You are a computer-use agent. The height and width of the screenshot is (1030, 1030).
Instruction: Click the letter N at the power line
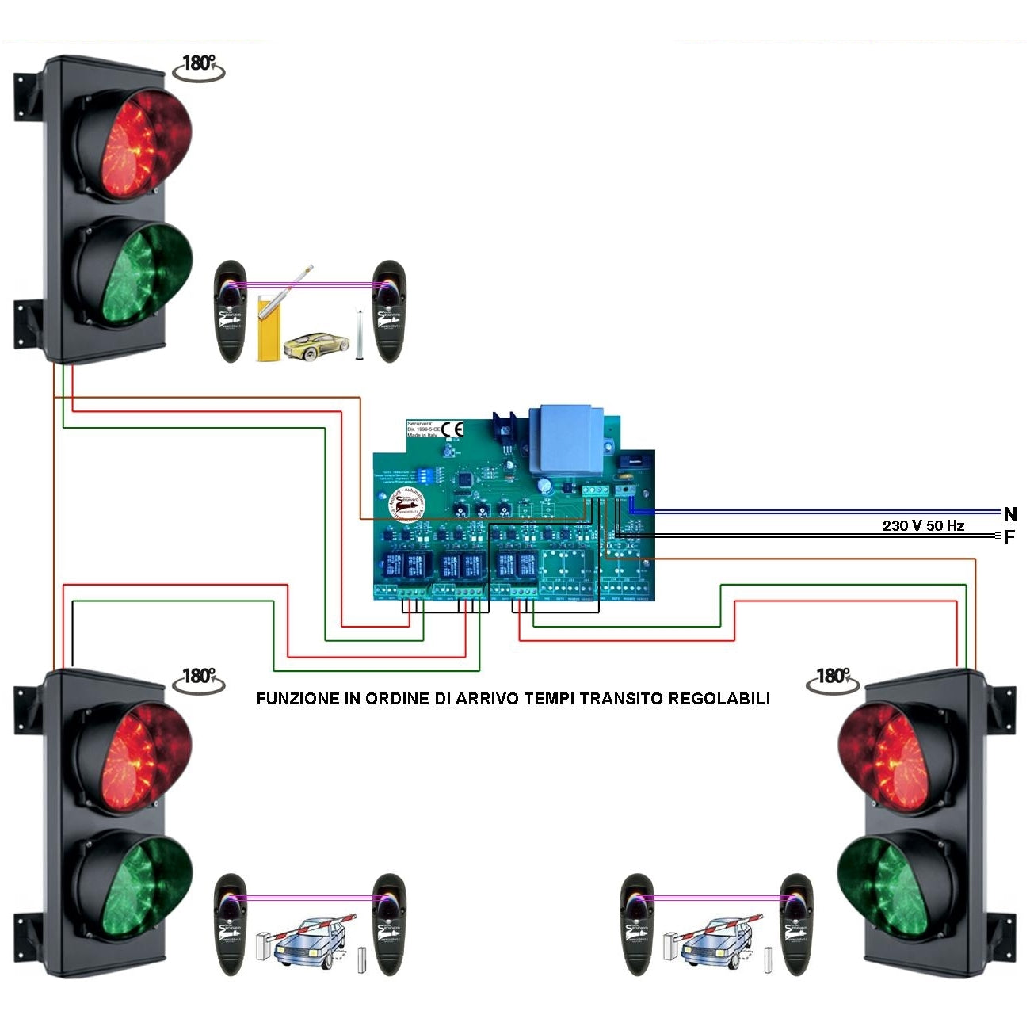[x=1009, y=514]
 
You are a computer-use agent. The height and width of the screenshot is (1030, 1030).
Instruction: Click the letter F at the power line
[x=1009, y=538]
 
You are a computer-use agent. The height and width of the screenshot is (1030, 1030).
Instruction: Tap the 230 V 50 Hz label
[x=923, y=525]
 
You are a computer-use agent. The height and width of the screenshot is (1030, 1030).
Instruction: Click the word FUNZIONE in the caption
[x=297, y=699]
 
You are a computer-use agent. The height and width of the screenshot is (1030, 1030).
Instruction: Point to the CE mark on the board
[x=453, y=429]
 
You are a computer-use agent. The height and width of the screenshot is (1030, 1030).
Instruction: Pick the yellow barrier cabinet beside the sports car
[x=269, y=327]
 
